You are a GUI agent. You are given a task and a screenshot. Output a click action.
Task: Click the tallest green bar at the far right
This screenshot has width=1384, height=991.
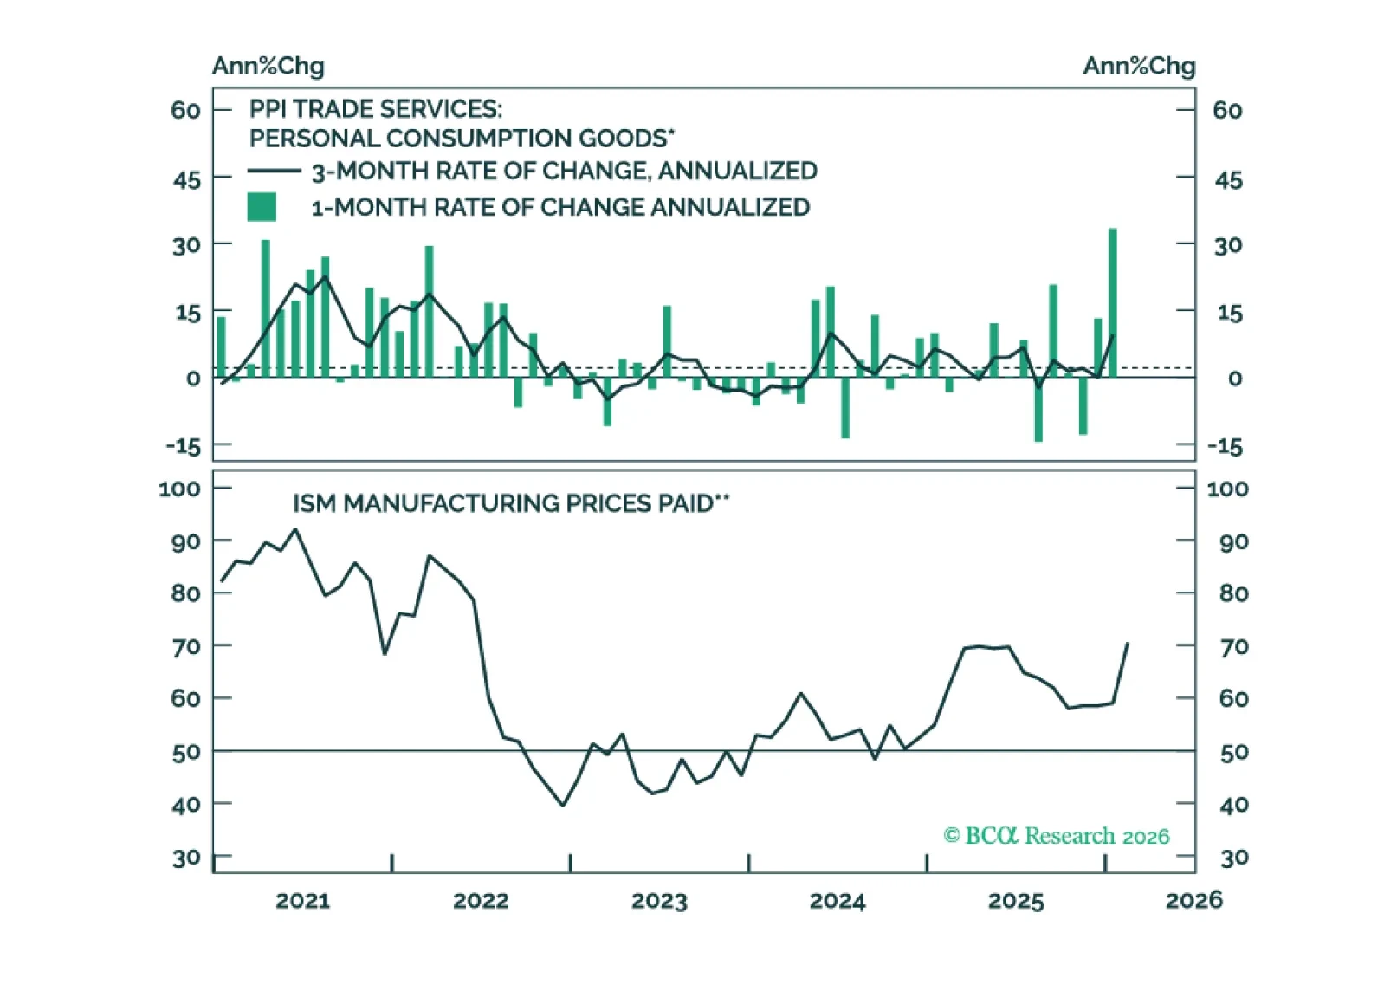tap(1113, 303)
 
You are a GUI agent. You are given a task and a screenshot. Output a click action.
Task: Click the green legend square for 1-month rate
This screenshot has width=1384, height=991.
tap(262, 207)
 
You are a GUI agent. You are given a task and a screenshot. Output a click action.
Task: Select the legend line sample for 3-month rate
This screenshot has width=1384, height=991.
tap(274, 172)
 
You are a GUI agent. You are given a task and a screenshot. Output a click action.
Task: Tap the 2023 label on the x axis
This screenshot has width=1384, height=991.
tap(659, 901)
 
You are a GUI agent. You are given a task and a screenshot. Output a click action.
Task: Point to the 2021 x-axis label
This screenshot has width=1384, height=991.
tap(303, 901)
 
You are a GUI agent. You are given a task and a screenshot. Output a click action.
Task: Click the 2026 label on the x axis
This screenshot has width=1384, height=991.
tap(1194, 901)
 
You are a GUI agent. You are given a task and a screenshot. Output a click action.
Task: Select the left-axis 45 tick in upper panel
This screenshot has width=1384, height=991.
tap(187, 180)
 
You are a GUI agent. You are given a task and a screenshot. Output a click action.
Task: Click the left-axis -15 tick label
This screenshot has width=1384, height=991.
tap(183, 446)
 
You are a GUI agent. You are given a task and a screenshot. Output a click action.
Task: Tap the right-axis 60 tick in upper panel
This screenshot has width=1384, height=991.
tap(1227, 111)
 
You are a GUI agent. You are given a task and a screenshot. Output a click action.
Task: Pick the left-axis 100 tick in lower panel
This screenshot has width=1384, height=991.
tap(179, 489)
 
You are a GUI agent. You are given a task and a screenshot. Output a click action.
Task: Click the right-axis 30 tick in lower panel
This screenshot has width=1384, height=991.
tap(1234, 858)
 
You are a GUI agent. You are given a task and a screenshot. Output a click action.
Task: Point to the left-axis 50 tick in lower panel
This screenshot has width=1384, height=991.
tap(186, 753)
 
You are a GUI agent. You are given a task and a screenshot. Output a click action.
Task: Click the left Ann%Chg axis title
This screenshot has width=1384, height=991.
tap(268, 66)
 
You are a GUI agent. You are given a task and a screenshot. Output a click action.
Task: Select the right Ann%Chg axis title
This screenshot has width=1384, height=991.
tap(1139, 66)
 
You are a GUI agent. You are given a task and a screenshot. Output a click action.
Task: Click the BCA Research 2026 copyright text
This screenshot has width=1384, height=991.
tap(1057, 836)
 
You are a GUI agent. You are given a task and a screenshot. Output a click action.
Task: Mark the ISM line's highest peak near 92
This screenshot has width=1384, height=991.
tap(296, 529)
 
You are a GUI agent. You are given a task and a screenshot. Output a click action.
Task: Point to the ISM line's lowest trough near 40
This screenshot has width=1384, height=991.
tap(563, 806)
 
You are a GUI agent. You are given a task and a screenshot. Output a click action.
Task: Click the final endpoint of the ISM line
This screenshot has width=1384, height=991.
tap(1128, 644)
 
